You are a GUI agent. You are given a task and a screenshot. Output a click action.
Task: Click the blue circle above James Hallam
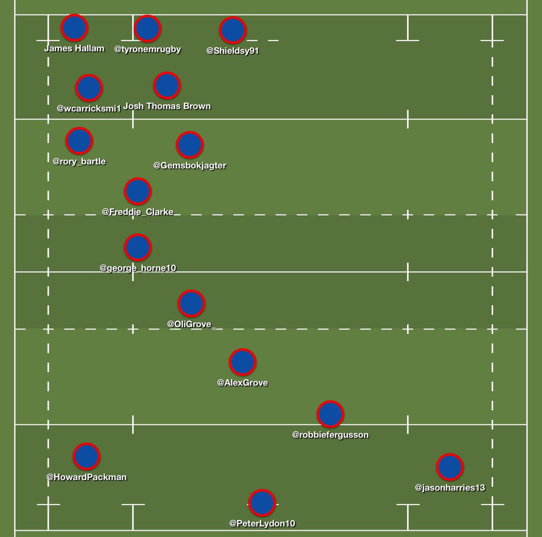tap(74, 28)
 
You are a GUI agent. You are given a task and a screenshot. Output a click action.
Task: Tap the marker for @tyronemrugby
tap(147, 28)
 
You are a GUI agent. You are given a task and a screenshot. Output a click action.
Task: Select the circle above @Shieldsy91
tap(233, 30)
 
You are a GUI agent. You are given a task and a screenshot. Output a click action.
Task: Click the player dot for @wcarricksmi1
tap(89, 88)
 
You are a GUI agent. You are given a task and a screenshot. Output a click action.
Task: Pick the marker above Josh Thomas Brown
tap(167, 85)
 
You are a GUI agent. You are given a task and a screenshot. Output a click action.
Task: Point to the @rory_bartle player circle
tap(79, 141)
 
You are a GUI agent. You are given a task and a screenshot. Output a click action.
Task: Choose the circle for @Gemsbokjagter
tap(190, 145)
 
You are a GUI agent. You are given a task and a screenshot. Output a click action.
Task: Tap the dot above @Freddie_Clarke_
tap(137, 192)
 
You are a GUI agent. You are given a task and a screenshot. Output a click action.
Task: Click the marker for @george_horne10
tap(137, 248)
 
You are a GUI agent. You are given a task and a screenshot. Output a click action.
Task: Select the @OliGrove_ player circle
tap(191, 304)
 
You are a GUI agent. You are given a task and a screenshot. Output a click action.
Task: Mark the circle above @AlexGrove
tap(243, 363)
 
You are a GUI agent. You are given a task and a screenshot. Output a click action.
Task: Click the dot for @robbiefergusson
tap(330, 414)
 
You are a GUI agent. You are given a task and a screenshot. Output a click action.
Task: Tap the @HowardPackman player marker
tap(86, 457)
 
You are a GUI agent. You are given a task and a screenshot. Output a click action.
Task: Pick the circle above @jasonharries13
tap(450, 467)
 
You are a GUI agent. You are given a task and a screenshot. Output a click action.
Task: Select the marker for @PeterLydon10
tap(262, 503)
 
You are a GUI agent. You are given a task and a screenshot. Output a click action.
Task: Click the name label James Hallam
tap(74, 48)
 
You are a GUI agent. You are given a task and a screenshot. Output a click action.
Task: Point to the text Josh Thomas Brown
tap(167, 106)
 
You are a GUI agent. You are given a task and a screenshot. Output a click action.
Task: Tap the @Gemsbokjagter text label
tap(190, 165)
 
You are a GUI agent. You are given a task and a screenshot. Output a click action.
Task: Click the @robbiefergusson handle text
tap(330, 435)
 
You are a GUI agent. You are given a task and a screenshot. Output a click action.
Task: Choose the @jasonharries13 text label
tap(450, 488)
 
